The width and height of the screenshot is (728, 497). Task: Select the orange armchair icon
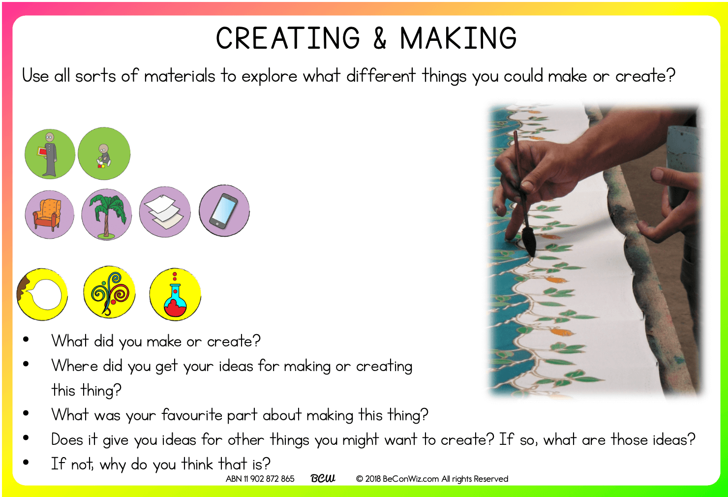tap(49, 215)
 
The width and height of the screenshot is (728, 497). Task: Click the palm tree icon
tap(107, 215)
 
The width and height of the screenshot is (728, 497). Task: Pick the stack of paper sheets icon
tap(165, 212)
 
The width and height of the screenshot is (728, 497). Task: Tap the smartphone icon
tap(224, 211)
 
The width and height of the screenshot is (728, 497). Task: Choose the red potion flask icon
tap(175, 294)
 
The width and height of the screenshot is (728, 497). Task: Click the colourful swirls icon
tap(109, 292)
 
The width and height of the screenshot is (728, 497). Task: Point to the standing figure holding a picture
tap(50, 154)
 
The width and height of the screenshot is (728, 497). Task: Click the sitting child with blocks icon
tap(104, 154)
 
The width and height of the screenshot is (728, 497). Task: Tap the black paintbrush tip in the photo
tap(529, 242)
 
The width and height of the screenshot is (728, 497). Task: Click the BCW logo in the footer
tap(323, 478)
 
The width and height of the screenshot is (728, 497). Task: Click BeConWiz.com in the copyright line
tap(411, 479)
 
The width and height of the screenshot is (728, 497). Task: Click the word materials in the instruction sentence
tap(180, 76)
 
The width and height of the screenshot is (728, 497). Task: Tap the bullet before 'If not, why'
tap(26, 462)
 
